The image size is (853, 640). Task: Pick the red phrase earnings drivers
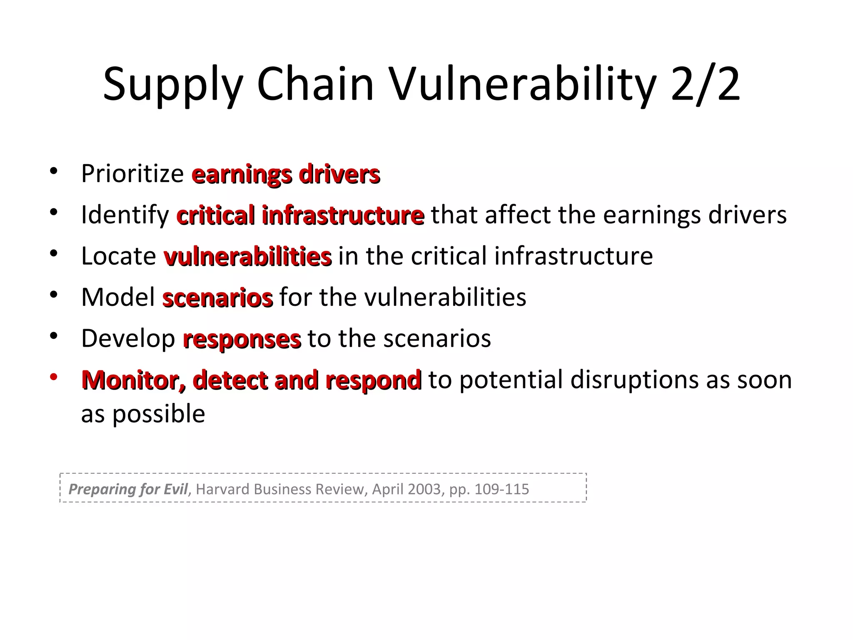click(286, 174)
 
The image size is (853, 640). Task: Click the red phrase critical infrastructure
click(300, 215)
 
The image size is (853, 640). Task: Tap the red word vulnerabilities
click(248, 256)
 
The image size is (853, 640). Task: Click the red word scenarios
click(217, 297)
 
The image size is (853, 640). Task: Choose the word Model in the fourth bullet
click(118, 297)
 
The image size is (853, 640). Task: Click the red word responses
click(242, 339)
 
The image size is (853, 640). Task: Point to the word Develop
click(128, 339)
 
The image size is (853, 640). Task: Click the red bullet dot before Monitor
click(53, 377)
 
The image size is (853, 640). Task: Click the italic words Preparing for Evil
click(128, 489)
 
